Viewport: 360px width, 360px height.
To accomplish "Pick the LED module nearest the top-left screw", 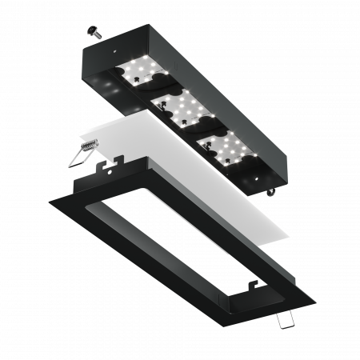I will [142, 72].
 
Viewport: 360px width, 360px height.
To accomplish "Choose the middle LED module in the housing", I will [182, 108].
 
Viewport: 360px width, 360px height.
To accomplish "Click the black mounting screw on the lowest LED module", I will [223, 144].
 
